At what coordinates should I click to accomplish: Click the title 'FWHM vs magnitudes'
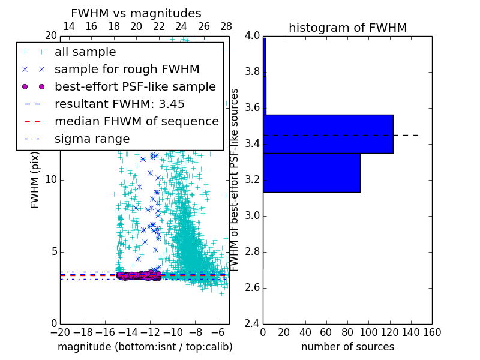click(136, 13)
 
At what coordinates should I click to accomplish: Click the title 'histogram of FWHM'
click(347, 28)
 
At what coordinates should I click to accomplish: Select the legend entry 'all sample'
click(85, 52)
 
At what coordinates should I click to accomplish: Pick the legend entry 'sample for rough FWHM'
click(127, 70)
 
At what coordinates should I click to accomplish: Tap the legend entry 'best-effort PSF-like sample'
click(135, 87)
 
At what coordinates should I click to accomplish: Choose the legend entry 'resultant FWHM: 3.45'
click(119, 104)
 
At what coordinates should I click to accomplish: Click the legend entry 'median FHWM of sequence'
click(136, 122)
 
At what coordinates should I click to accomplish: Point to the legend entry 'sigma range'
click(92, 139)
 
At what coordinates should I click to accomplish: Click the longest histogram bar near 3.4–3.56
click(328, 134)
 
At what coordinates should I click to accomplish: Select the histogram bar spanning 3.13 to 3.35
click(311, 173)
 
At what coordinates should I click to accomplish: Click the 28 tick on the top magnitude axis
click(226, 26)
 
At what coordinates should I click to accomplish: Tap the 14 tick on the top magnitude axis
click(69, 26)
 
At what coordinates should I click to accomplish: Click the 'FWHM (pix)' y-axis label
click(35, 179)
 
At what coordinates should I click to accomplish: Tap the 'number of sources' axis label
click(347, 347)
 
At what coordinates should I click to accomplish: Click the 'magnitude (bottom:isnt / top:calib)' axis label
click(145, 347)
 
